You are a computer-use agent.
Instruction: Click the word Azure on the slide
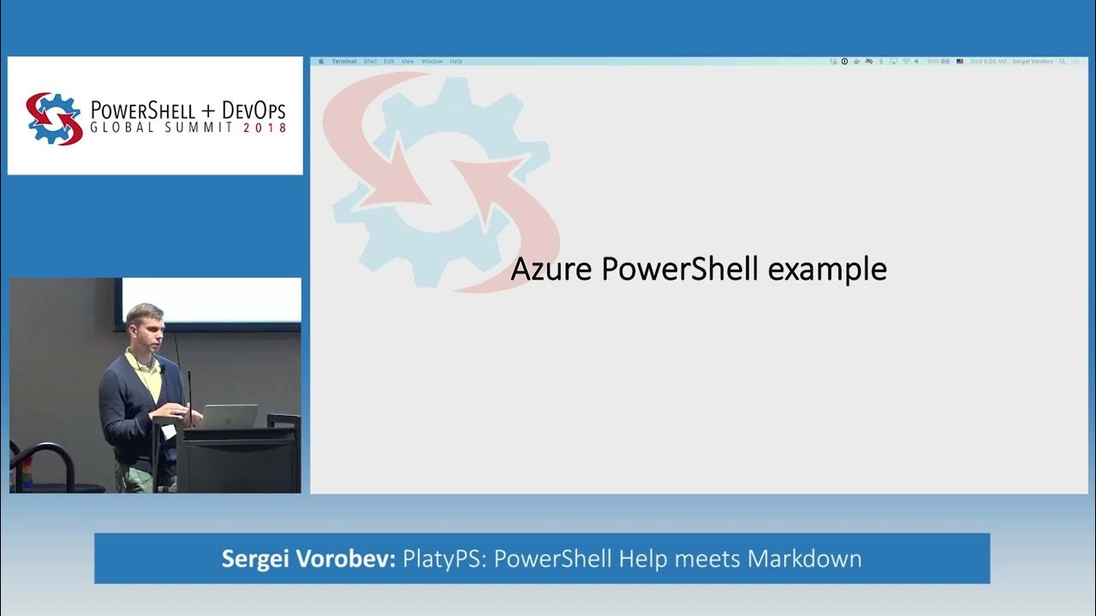[552, 269]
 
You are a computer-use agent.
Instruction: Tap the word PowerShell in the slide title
[680, 269]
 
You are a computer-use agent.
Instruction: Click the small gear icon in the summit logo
[54, 118]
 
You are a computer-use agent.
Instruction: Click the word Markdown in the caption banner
[804, 559]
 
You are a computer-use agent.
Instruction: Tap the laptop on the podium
[229, 416]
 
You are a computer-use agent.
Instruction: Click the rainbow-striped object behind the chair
[26, 471]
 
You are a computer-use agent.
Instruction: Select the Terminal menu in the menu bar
[344, 62]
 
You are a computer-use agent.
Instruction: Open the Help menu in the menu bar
[456, 62]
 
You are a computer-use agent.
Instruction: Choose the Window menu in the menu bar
[432, 62]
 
